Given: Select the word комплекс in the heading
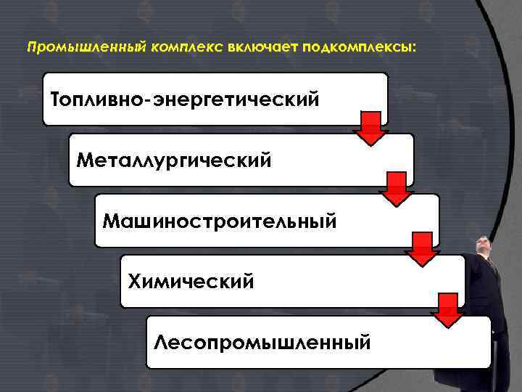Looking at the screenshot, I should (187, 48).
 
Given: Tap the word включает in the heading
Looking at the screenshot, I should (264, 48).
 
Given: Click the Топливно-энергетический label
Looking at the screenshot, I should (186, 98).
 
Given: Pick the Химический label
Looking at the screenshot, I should (191, 280).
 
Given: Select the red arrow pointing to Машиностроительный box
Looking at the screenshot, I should (396, 190).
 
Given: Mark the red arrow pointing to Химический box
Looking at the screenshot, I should (422, 250).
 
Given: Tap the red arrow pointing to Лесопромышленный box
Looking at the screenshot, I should (448, 311).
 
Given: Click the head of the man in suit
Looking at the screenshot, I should (484, 246).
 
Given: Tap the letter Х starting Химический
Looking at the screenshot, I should (134, 280).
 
